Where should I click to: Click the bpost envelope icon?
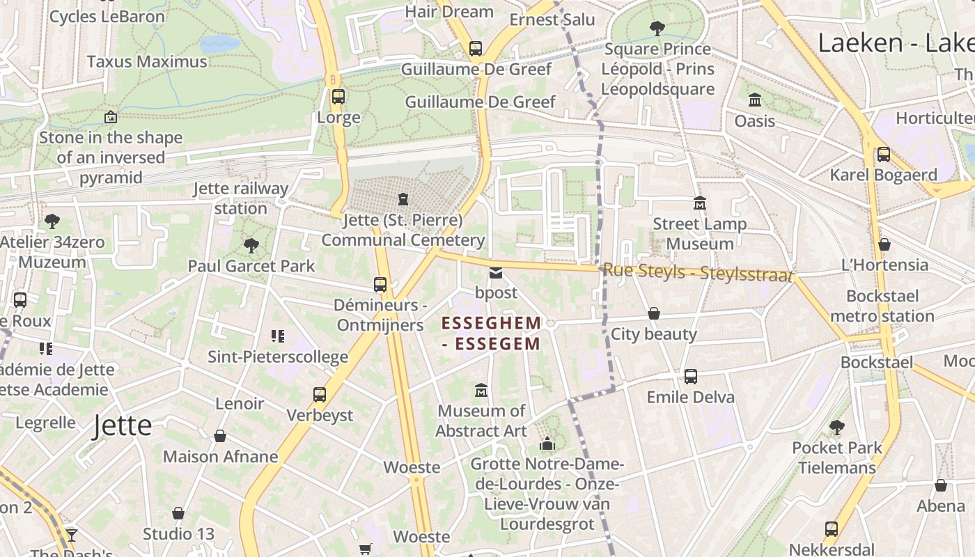(495, 272)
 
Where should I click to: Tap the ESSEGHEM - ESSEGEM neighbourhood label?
(491, 334)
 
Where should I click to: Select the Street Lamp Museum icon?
(700, 203)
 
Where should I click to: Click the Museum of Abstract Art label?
(481, 421)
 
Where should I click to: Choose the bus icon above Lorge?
(338, 97)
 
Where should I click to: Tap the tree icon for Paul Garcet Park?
(251, 245)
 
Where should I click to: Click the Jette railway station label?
(241, 198)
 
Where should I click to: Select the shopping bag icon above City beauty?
(653, 314)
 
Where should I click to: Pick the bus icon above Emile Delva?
(690, 377)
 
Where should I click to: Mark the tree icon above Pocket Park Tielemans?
(836, 427)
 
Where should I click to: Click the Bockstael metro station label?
(882, 306)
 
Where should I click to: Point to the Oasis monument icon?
(755, 100)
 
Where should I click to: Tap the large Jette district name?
(123, 425)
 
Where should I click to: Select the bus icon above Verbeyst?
(320, 395)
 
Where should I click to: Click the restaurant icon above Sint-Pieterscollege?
(278, 336)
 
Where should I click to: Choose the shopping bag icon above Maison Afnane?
(220, 437)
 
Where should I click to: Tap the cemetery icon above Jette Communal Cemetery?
(403, 200)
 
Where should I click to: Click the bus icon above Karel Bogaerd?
(883, 155)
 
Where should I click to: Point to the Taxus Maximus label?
(147, 61)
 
